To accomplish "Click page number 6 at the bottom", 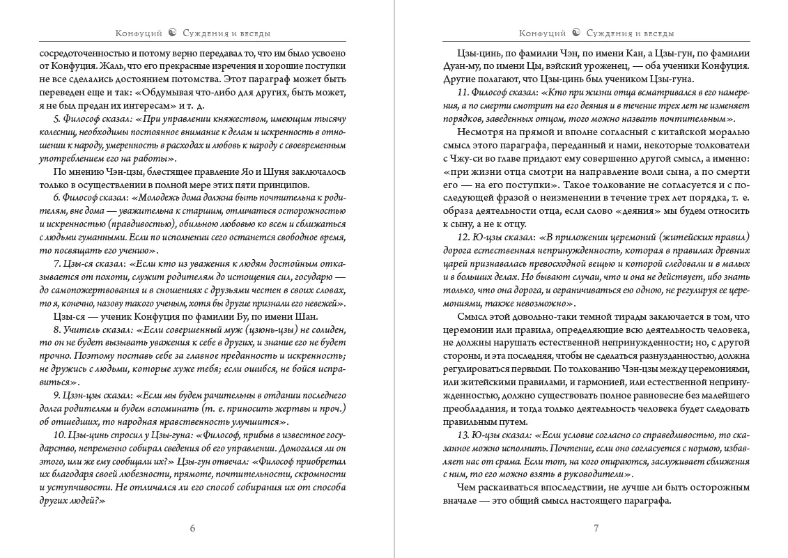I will click(192, 527).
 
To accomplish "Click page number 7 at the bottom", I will click(596, 527).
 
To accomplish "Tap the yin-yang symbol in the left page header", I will click(172, 33).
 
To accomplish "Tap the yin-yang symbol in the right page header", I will click(576, 33).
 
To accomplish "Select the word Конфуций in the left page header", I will click(139, 33).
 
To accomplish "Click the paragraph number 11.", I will click(461, 93).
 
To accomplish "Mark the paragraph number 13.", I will click(462, 435).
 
